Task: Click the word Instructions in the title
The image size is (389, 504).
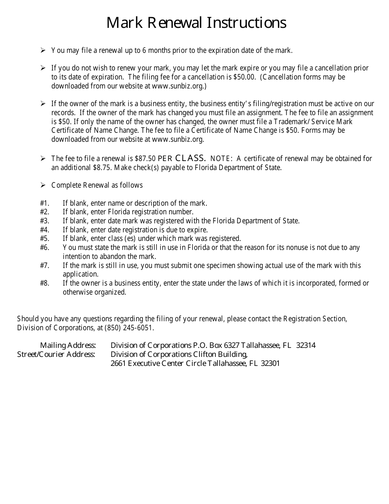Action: coord(246,23)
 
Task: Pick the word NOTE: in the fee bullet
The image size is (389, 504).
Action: coord(222,159)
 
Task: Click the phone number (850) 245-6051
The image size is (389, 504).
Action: coord(129,328)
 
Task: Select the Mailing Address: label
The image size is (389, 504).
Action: coord(68,345)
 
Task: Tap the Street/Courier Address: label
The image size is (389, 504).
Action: coord(56,354)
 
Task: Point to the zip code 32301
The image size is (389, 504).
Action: coord(270,363)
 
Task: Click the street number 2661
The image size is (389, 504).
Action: coord(118,363)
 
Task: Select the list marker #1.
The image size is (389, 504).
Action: coord(45,203)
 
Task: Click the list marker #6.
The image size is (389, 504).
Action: coord(45,247)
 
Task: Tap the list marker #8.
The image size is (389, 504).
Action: coord(45,283)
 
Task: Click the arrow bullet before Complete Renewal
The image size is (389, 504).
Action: coord(43,185)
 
